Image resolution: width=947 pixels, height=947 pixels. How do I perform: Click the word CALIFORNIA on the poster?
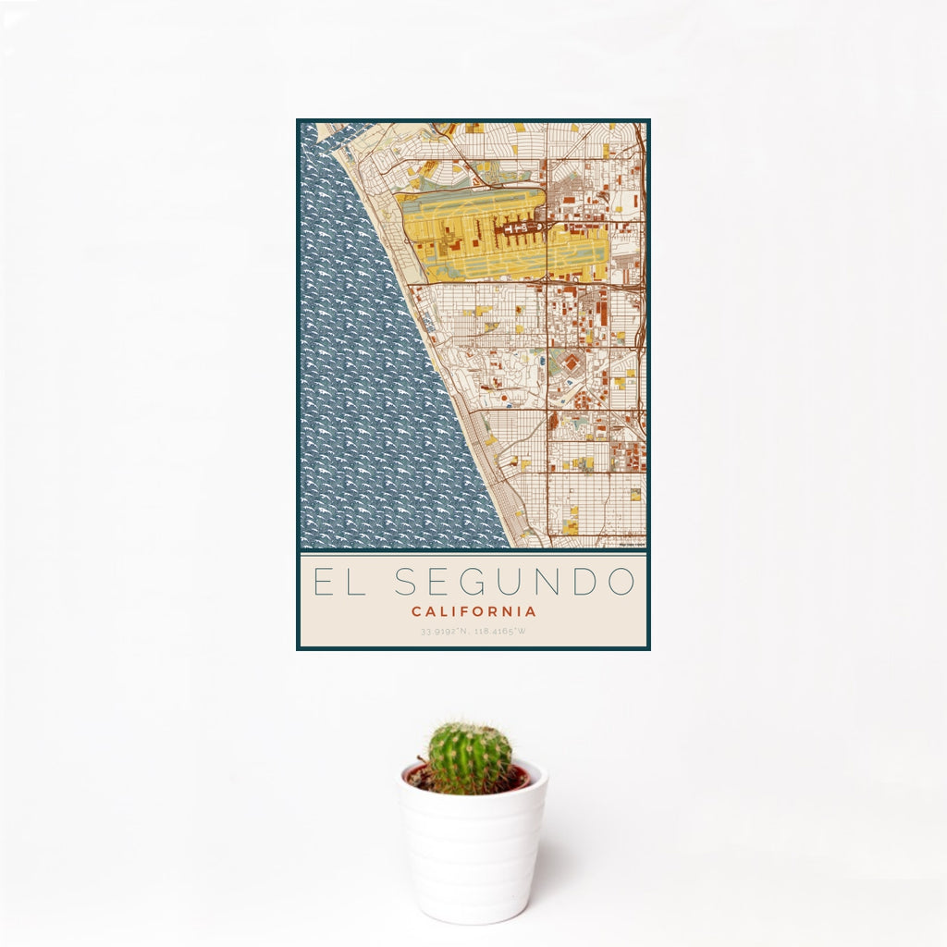pyautogui.click(x=473, y=611)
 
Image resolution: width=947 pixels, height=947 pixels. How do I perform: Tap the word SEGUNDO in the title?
pyautogui.click(x=515, y=582)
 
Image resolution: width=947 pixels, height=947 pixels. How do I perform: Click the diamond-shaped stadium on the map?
pyautogui.click(x=572, y=363)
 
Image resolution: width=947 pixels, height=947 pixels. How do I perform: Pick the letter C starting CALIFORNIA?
pyautogui.click(x=416, y=611)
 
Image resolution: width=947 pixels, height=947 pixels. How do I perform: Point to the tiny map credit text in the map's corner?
pyautogui.click(x=632, y=544)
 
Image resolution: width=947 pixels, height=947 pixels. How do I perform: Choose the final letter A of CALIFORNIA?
pyautogui.click(x=531, y=611)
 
